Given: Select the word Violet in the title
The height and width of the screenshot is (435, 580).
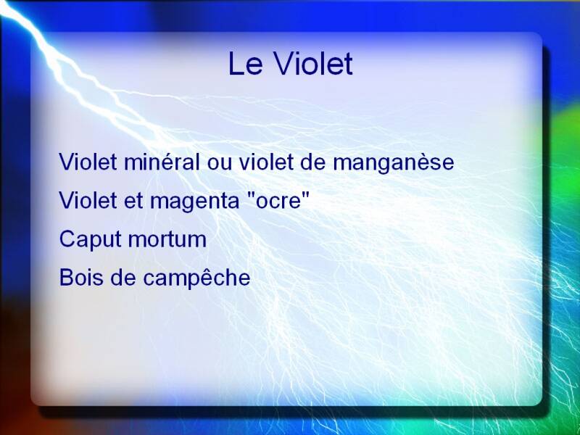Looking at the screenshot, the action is (313, 64).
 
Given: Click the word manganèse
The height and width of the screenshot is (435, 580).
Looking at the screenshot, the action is (393, 163).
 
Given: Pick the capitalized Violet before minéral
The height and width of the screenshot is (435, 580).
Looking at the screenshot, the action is (88, 162).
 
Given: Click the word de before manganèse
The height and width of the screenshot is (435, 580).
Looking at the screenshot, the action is (313, 162).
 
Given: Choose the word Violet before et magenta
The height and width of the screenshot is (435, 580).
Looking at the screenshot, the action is (88, 200).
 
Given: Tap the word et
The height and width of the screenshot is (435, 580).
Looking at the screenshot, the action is (133, 202).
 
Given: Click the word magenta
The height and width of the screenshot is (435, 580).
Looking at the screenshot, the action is (194, 202).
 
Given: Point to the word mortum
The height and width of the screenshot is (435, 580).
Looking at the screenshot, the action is (167, 240).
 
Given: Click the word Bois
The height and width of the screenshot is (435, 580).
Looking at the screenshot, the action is (81, 278).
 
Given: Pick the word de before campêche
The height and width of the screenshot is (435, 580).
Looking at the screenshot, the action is (123, 278).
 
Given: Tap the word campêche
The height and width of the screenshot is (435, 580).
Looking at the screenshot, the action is (196, 278).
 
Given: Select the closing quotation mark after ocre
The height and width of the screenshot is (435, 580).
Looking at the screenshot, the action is (304, 195).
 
